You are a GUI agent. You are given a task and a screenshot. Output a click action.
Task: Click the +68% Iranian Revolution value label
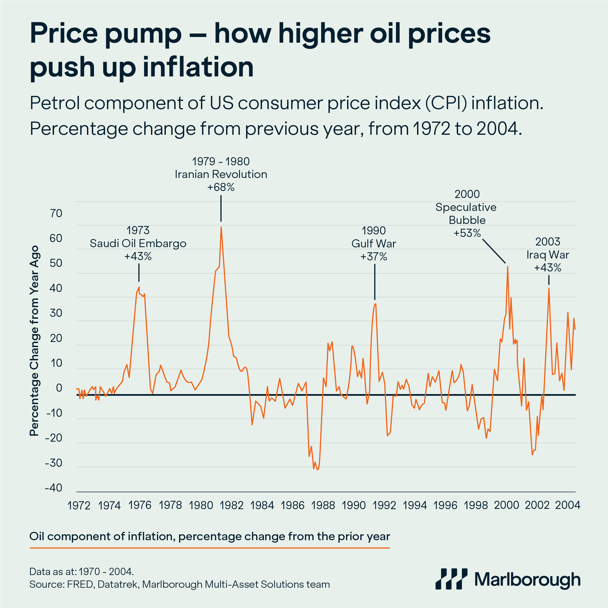pos(221,187)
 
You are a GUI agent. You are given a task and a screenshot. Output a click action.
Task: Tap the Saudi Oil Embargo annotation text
pos(138,244)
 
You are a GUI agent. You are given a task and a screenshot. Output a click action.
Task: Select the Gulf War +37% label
pos(374,257)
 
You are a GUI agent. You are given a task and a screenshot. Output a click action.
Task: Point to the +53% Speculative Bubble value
pos(467,233)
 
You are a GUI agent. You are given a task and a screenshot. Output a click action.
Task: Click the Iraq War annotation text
pos(547,255)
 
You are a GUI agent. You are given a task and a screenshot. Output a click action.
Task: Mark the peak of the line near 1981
pos(221,227)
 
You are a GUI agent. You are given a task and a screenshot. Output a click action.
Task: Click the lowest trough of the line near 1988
pos(318,469)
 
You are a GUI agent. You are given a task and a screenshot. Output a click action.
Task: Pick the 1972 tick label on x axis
pos(79,505)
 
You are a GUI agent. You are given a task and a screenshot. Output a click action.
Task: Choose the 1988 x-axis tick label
pos(323,505)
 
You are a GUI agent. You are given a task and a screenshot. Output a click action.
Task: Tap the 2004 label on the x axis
pos(567,505)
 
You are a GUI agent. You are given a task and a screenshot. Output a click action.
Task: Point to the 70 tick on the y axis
pos(56,214)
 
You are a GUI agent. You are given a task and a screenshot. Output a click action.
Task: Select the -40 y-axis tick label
pos(53,488)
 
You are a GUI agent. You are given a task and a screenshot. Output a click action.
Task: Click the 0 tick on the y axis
pos(59,388)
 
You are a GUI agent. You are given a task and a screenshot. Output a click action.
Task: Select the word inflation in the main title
pos(198,67)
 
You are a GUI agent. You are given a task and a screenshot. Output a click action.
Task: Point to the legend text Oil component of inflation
pos(210,536)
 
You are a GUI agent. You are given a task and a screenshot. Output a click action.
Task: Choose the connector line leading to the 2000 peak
pos(494,251)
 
